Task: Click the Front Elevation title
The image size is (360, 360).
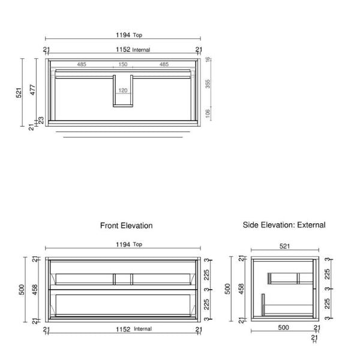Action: coord(126,226)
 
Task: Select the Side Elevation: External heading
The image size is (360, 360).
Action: coord(284,225)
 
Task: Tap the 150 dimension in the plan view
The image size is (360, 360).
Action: coord(122,64)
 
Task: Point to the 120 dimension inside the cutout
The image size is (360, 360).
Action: coord(122,91)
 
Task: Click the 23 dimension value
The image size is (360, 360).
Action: coord(41,120)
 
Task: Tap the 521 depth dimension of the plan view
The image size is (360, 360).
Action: coord(19,92)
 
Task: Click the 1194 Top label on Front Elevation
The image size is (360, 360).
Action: coord(125,244)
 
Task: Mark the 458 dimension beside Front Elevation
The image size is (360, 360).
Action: coord(35,290)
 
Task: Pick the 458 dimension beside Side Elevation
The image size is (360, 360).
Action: coord(241,290)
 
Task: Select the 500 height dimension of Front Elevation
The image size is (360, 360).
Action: coord(20,290)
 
